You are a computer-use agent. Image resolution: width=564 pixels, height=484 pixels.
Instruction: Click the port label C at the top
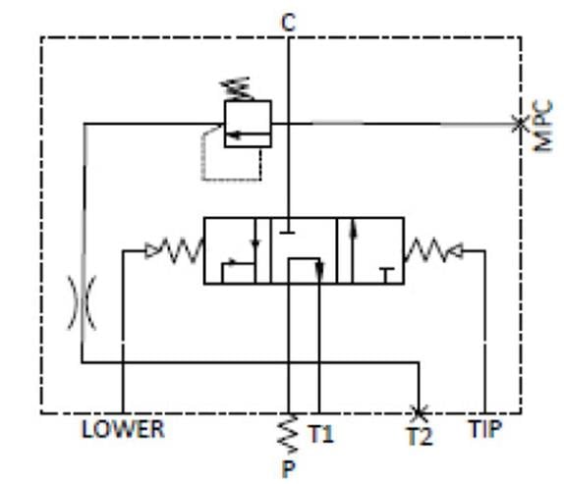click(x=289, y=23)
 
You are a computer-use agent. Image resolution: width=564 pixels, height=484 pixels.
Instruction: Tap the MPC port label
click(x=542, y=126)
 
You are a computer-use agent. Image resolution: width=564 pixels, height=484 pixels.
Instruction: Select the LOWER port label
click(x=123, y=429)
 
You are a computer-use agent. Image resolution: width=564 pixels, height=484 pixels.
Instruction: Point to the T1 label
click(x=321, y=434)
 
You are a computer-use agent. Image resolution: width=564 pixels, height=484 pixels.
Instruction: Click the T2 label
click(x=420, y=436)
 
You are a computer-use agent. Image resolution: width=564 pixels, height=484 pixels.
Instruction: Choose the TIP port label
click(x=484, y=429)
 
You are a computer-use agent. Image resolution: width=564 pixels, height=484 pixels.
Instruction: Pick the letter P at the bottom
click(x=289, y=469)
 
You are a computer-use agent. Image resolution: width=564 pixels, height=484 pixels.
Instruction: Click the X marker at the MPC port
click(x=520, y=124)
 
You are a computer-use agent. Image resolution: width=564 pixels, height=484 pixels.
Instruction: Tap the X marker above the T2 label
click(x=419, y=413)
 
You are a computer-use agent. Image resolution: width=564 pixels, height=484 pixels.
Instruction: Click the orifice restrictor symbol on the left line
click(x=83, y=302)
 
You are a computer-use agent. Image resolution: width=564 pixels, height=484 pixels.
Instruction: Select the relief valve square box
click(x=248, y=124)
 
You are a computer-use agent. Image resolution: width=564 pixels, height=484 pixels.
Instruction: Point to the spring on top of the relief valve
click(x=237, y=88)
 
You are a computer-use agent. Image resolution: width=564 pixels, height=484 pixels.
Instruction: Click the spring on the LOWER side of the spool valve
click(x=181, y=249)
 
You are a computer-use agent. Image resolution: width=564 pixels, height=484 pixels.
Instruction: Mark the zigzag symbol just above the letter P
click(x=288, y=433)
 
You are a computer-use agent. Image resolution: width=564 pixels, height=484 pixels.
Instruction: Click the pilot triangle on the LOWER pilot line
click(x=151, y=250)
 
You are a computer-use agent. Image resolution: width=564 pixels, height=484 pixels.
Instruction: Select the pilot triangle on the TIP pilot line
click(x=456, y=250)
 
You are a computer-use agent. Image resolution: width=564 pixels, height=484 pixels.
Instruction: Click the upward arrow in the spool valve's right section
click(x=353, y=250)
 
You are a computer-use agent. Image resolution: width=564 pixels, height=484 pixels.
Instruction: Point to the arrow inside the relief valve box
click(x=249, y=135)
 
